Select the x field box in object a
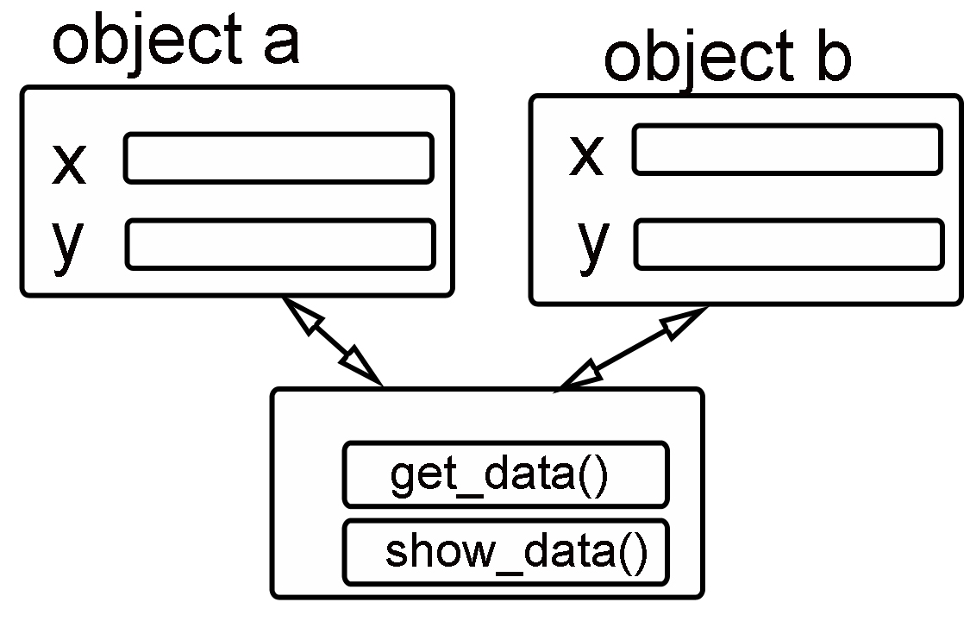(x=278, y=158)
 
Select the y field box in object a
(x=279, y=244)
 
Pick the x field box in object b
(x=786, y=149)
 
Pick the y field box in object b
(x=788, y=243)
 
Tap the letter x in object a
(x=69, y=164)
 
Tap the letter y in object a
(x=67, y=247)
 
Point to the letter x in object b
(x=585, y=156)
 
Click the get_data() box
(x=505, y=474)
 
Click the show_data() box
(x=505, y=552)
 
